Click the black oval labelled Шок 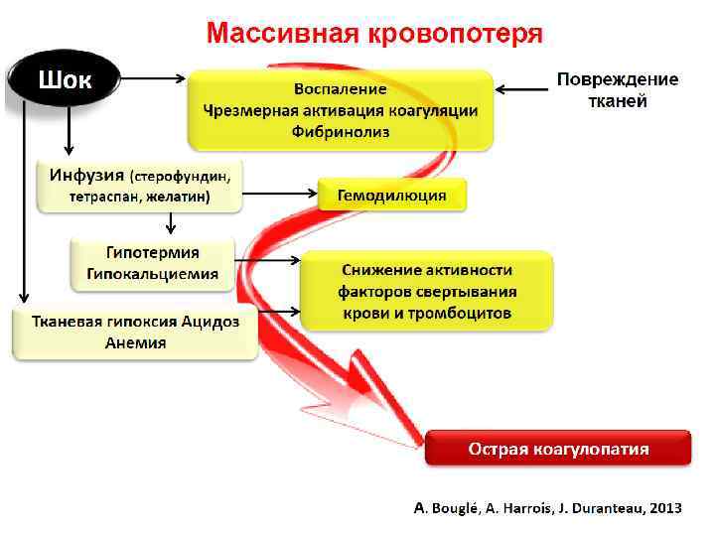65,79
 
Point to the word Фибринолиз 340,130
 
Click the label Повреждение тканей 617,89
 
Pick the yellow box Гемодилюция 391,196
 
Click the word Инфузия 87,175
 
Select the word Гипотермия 153,253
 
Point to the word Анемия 135,342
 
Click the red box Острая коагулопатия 558,449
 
